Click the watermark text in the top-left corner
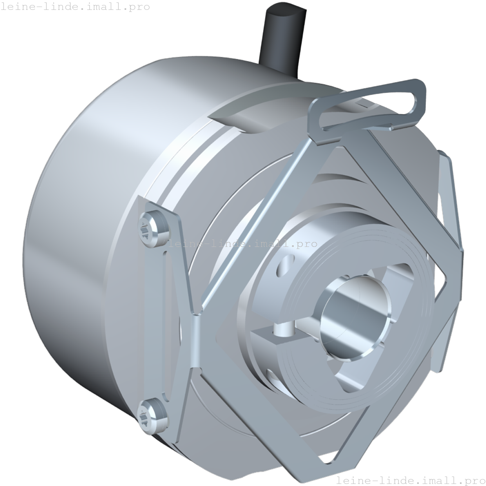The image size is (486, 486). pyautogui.click(x=75, y=7)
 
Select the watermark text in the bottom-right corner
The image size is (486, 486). pyautogui.click(x=411, y=480)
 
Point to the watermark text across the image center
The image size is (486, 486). pyautogui.click(x=243, y=244)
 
